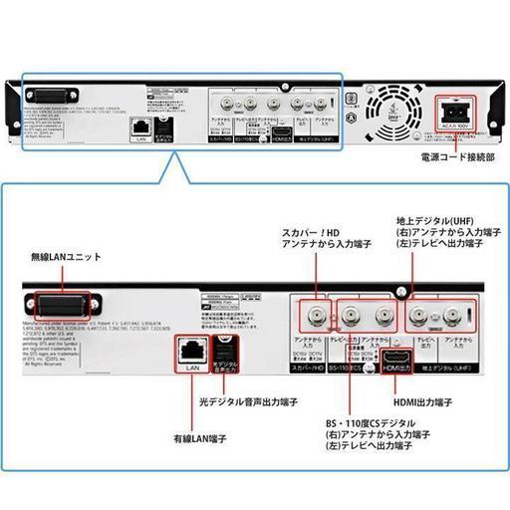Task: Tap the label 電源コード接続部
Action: click(457, 156)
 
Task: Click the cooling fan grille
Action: click(389, 107)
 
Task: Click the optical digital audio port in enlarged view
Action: click(225, 351)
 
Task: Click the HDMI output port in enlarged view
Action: click(397, 360)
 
